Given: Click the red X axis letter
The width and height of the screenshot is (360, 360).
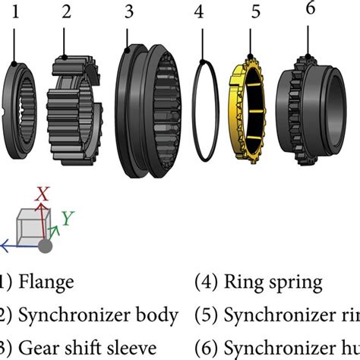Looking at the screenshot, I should tap(43, 194).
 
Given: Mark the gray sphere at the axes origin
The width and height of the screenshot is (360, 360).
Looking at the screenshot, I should tap(46, 246).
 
